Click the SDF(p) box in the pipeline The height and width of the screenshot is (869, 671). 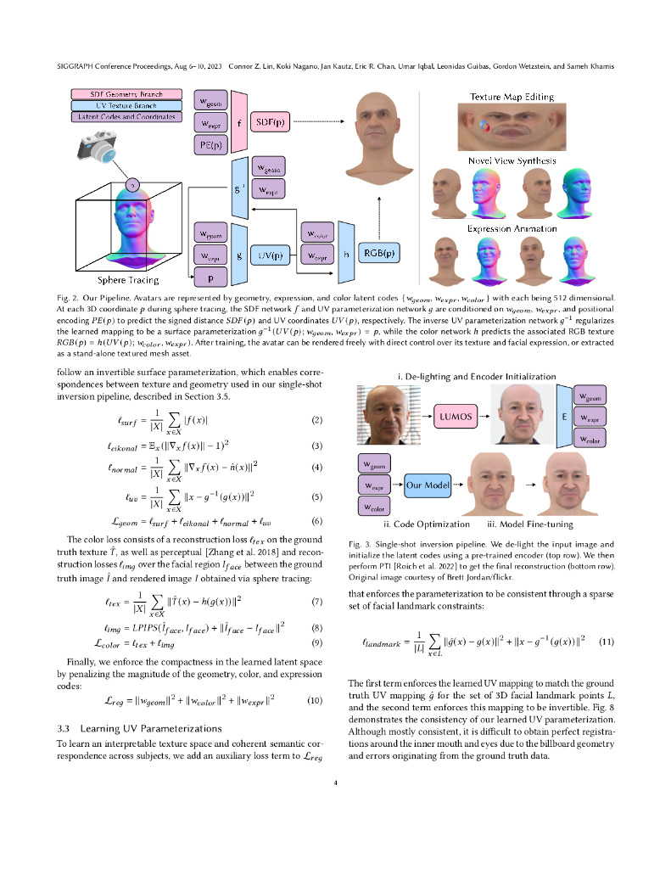(x=270, y=123)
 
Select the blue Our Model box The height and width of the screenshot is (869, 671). (x=428, y=487)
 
